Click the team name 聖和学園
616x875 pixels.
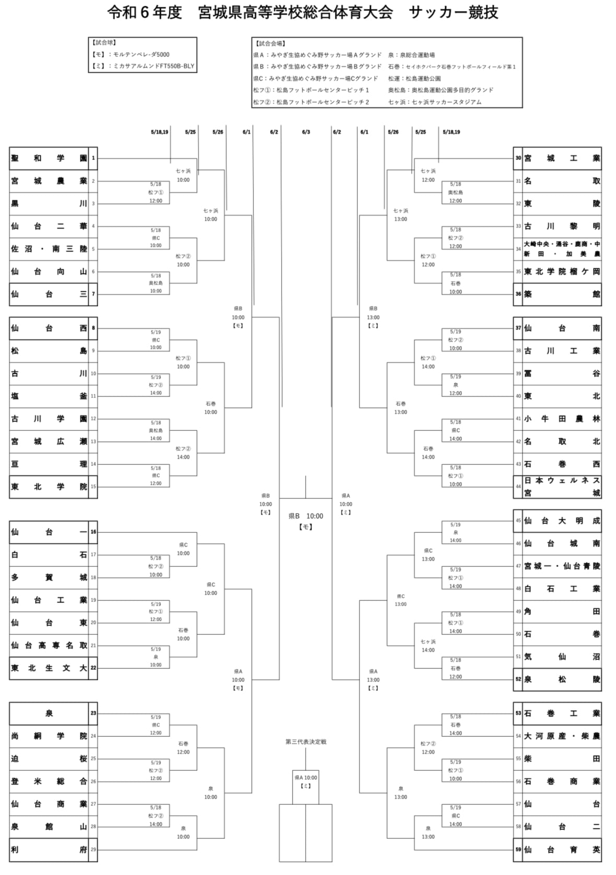pos(49,158)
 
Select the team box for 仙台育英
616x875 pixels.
pos(562,849)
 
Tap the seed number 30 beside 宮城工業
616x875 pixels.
pos(518,158)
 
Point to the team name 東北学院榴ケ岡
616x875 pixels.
pos(562,271)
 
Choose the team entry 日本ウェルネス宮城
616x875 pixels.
pos(562,486)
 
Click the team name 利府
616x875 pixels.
pos(49,849)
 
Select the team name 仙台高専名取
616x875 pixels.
pos(49,645)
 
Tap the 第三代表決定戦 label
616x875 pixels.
pos(306,742)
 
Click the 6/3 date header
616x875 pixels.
pos(306,132)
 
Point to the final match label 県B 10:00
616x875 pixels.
pos(306,516)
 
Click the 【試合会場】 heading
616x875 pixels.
pos(269,43)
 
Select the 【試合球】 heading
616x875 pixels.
pos(104,43)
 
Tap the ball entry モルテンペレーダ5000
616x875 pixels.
pos(137,54)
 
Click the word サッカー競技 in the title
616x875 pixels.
pos(454,13)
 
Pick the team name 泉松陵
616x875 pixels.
pos(562,679)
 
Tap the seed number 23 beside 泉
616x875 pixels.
pos(93,713)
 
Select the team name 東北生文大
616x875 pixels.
pos(49,668)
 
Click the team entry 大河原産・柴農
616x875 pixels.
pos(562,736)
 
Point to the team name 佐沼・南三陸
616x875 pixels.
pos(49,249)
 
